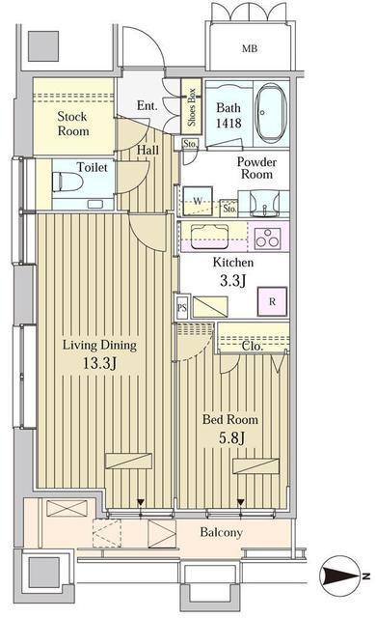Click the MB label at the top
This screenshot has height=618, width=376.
pyautogui.click(x=249, y=47)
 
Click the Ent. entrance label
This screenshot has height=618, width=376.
pyautogui.click(x=148, y=105)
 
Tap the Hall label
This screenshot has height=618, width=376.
pyautogui.click(x=148, y=151)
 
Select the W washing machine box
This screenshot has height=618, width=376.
pyautogui.click(x=198, y=202)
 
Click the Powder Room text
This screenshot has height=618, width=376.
pyautogui.click(x=256, y=170)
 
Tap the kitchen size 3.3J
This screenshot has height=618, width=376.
pyautogui.click(x=232, y=281)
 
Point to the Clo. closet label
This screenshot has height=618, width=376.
pyautogui.click(x=253, y=345)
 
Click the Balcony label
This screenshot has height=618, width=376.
pyautogui.click(x=222, y=532)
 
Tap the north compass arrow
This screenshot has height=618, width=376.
pyautogui.click(x=343, y=577)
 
